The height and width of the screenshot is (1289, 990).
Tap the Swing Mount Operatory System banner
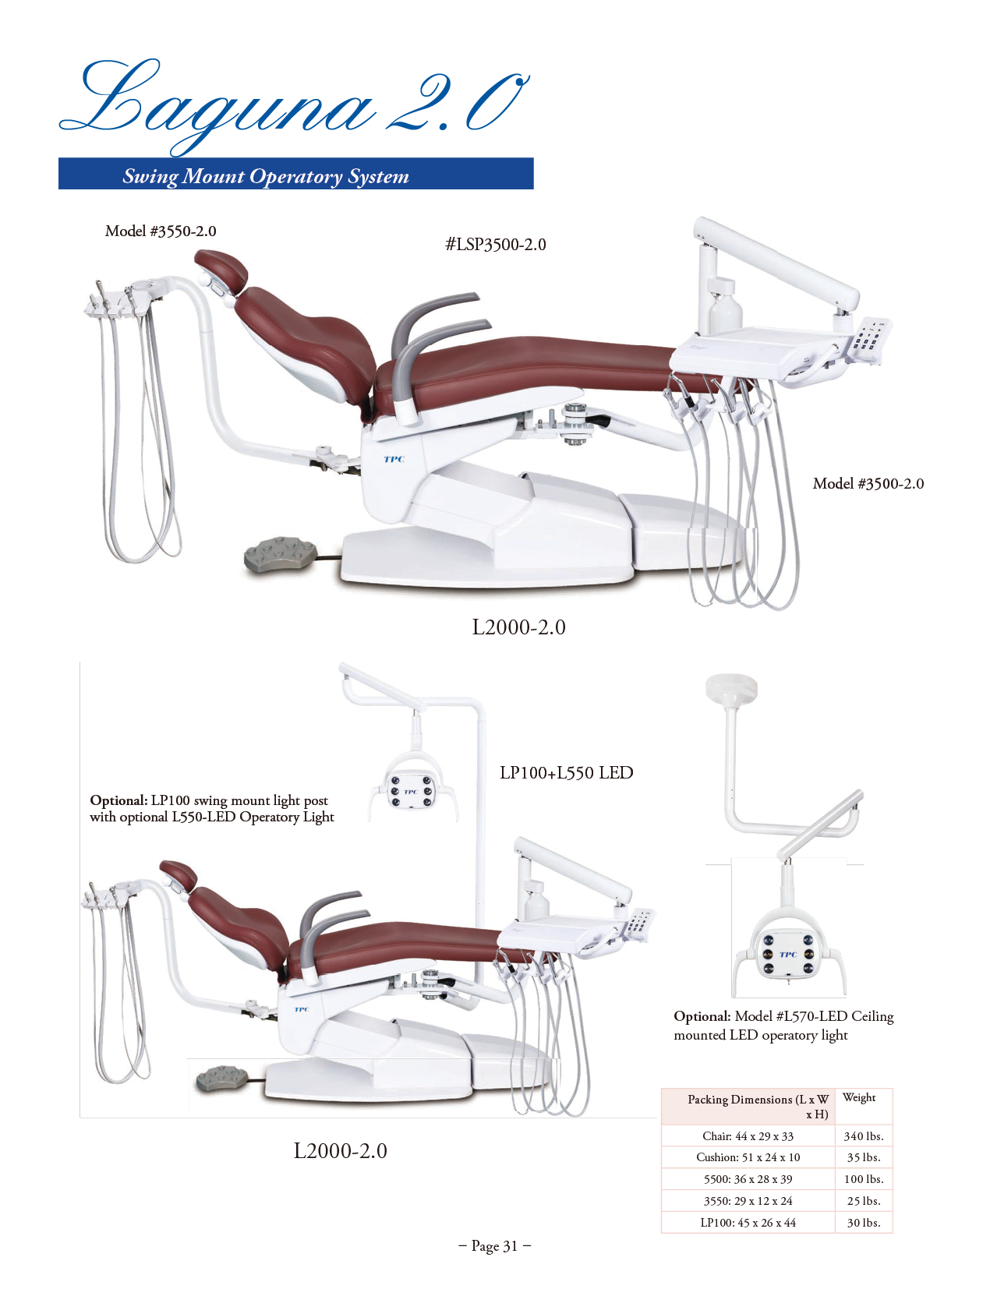click(295, 173)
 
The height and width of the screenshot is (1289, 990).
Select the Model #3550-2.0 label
click(160, 231)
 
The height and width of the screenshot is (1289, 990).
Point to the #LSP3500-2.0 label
click(495, 245)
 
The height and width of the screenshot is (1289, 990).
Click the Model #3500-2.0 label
click(868, 483)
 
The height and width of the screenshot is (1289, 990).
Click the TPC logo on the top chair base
click(394, 459)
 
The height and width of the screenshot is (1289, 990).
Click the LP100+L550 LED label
click(566, 772)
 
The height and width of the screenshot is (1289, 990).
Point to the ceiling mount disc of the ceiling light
click(731, 687)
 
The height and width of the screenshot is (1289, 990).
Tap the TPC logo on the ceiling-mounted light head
click(788, 955)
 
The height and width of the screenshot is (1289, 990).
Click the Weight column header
click(858, 1097)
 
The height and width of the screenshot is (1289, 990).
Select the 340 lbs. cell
click(864, 1136)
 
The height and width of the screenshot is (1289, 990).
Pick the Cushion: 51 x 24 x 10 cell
click(748, 1157)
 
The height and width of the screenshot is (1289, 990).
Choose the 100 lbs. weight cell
click(864, 1178)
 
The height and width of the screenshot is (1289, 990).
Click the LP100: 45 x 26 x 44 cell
click(748, 1222)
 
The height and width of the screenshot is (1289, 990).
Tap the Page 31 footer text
click(495, 1245)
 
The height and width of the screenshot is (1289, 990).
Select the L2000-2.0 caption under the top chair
click(518, 627)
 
